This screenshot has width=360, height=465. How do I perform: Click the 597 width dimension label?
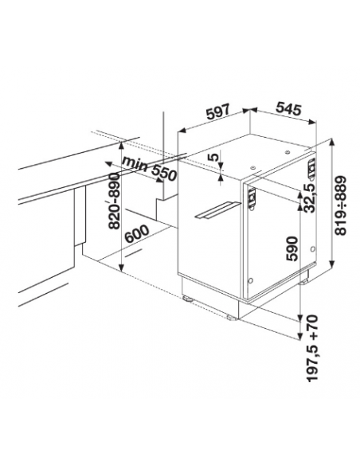(x=218, y=111)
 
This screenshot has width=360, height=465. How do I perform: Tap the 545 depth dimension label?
(x=288, y=108)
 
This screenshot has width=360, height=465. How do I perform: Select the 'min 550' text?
(x=150, y=169)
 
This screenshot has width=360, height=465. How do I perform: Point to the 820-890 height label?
(x=115, y=201)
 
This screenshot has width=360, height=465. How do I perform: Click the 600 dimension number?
(x=136, y=234)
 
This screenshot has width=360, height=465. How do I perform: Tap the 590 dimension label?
(x=292, y=248)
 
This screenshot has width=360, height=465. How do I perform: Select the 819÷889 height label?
(x=340, y=205)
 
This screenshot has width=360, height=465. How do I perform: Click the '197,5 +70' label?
(x=312, y=348)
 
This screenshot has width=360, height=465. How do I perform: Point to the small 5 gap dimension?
(x=214, y=156)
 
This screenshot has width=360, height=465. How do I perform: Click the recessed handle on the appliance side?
(x=217, y=210)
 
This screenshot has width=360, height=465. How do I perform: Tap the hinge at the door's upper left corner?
(x=252, y=198)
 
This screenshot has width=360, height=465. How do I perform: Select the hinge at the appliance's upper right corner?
(x=311, y=170)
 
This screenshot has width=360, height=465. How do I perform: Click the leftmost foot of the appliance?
(x=188, y=298)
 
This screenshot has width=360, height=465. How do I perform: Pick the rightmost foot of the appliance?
(x=304, y=281)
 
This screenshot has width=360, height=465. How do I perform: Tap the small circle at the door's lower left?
(x=250, y=280)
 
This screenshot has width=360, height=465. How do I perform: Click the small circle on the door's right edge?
(x=312, y=249)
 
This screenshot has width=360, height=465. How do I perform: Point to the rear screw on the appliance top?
(x=287, y=152)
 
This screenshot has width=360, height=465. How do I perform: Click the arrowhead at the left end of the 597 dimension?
(x=181, y=131)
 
